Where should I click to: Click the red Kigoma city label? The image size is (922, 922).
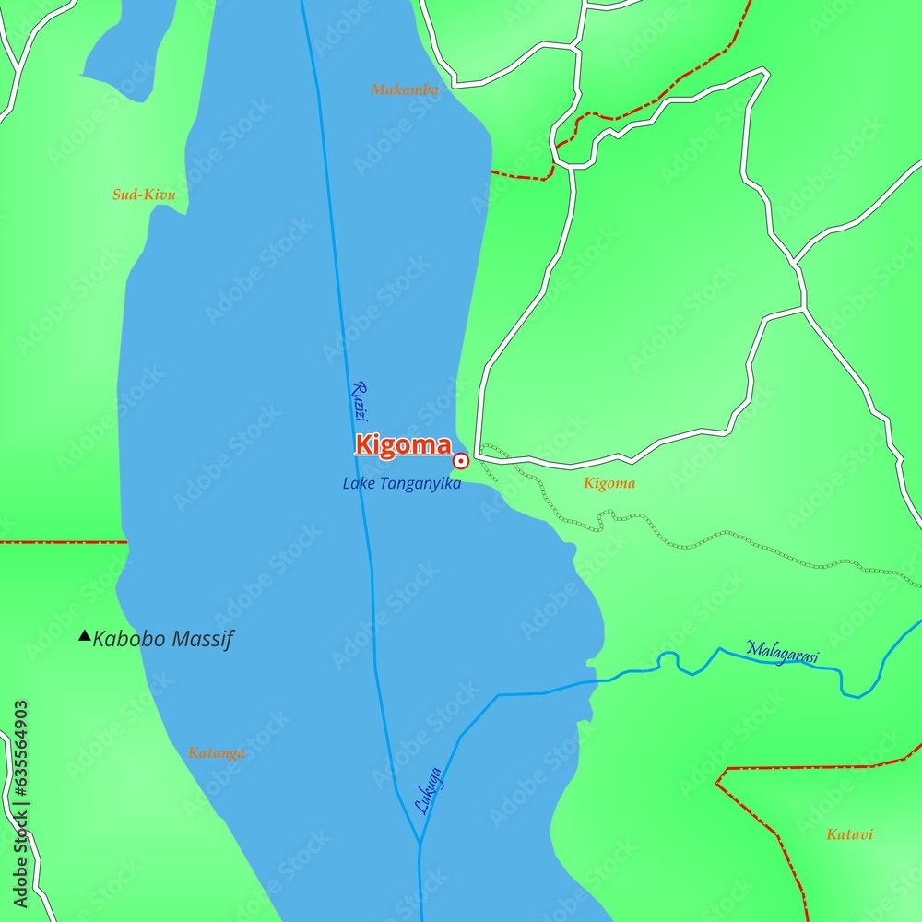pos(403,445)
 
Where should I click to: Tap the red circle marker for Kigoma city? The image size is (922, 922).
pos(460,461)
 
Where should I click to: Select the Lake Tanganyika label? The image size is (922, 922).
pos(401,483)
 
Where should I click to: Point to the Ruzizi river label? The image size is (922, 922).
pos(360,401)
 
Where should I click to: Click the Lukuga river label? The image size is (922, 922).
pos(429,791)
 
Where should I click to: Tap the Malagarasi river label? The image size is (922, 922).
pos(782,651)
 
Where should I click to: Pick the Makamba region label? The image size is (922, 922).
pos(405,89)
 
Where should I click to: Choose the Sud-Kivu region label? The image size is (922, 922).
pos(144,195)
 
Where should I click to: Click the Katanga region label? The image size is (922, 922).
pos(217,753)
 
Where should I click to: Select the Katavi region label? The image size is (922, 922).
pos(849,834)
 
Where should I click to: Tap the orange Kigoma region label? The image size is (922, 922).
pos(609,483)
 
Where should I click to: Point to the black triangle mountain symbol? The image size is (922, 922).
pos(85,635)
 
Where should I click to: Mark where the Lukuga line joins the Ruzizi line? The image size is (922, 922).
pos(420,843)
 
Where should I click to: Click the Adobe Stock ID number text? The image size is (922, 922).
pos(19,788)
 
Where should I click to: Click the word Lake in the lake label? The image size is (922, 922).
pos(357,483)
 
